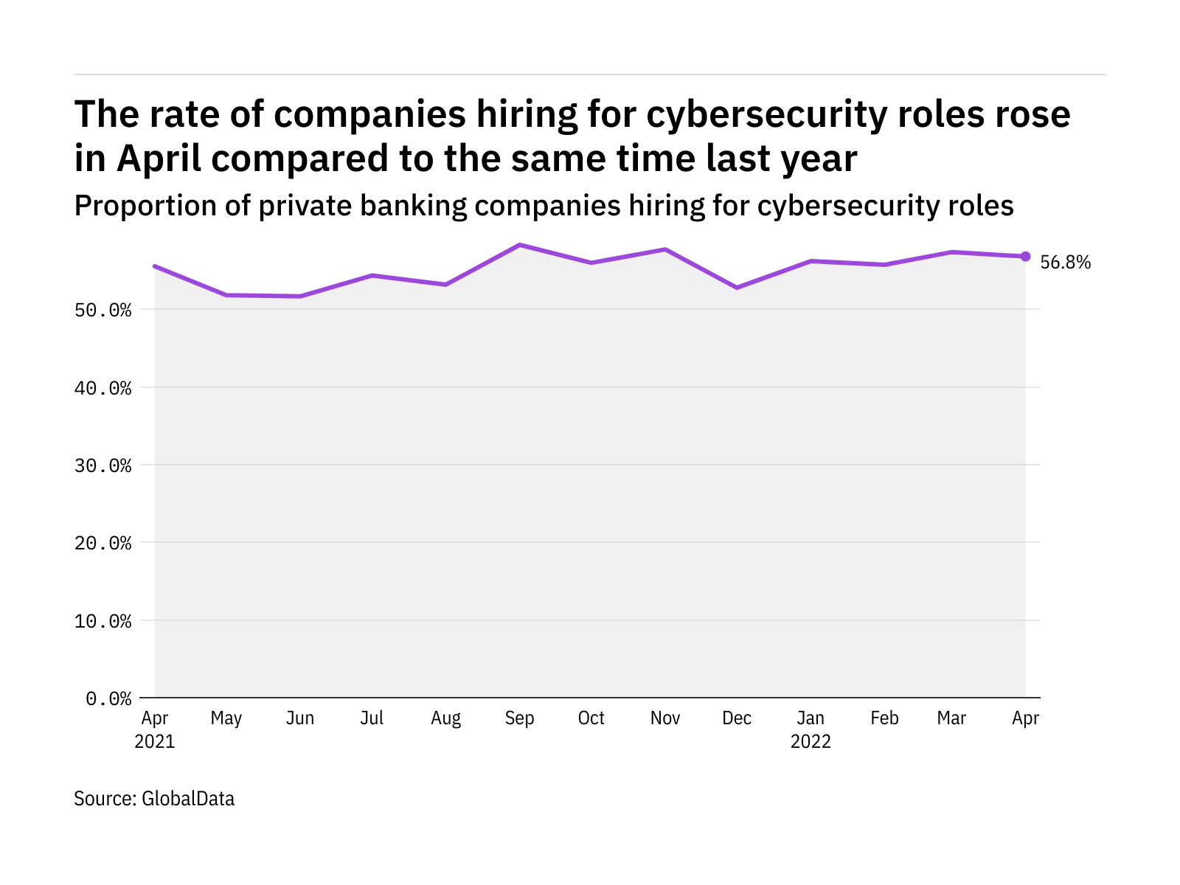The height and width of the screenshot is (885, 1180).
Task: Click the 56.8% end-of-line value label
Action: [1065, 263]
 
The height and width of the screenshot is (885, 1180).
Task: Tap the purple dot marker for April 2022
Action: [1025, 256]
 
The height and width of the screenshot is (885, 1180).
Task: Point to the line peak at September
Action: [520, 245]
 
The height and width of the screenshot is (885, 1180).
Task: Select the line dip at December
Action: [737, 288]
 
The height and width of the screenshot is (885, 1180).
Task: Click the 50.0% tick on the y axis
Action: [103, 310]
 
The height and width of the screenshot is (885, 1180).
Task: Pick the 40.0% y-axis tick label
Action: [103, 388]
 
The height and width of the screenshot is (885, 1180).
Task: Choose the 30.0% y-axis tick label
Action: [103, 465]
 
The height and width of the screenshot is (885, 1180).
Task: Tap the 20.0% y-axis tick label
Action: [103, 544]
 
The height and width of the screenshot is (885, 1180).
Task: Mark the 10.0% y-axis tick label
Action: [103, 621]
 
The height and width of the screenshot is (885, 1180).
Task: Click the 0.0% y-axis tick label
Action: [108, 698]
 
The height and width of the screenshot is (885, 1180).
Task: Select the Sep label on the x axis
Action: [520, 718]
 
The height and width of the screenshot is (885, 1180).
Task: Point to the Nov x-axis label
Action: [665, 718]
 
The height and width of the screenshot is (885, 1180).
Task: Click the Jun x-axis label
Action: [300, 718]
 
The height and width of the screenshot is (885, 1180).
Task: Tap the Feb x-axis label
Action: [884, 718]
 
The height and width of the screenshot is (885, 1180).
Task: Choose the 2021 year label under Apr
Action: [155, 741]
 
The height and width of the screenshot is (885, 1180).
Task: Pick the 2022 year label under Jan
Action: [811, 741]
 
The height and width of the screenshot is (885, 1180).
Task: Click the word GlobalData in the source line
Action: [188, 799]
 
